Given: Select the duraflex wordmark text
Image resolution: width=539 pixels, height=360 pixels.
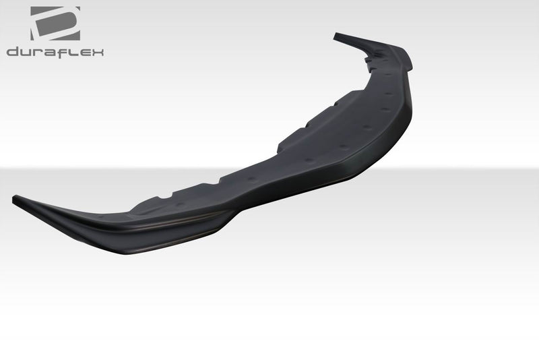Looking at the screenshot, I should (x=55, y=52).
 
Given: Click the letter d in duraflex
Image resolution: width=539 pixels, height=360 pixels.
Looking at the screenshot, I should (x=13, y=52).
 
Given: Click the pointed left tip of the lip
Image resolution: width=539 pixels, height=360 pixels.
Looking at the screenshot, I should (x=15, y=198).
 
